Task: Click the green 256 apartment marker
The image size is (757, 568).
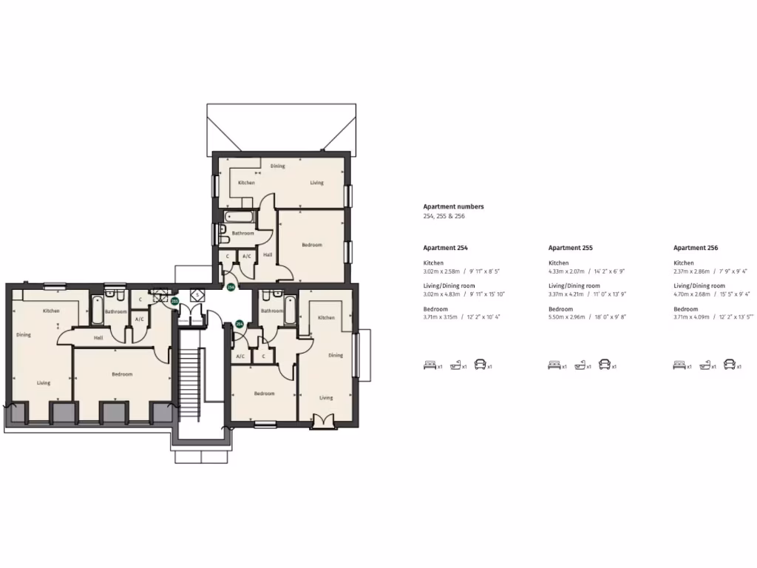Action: (231, 286)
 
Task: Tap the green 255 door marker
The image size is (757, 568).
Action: (174, 301)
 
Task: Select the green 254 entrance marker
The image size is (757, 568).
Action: (240, 324)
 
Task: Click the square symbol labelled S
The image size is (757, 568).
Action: (197, 294)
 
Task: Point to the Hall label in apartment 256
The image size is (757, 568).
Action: (268, 255)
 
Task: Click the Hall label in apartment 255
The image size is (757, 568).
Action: (98, 338)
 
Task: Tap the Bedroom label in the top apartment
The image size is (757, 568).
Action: (311, 245)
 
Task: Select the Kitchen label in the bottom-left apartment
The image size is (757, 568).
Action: (50, 311)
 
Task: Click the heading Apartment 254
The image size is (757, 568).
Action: (445, 248)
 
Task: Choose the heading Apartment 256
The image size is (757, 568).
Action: (695, 248)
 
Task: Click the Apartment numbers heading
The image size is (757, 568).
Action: (453, 207)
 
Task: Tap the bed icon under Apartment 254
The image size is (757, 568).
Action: (430, 365)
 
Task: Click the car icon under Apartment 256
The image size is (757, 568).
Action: (730, 365)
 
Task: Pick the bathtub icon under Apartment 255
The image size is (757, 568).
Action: (580, 365)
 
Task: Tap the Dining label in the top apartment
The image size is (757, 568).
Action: (277, 166)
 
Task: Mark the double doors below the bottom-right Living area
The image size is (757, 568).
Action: (323, 422)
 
